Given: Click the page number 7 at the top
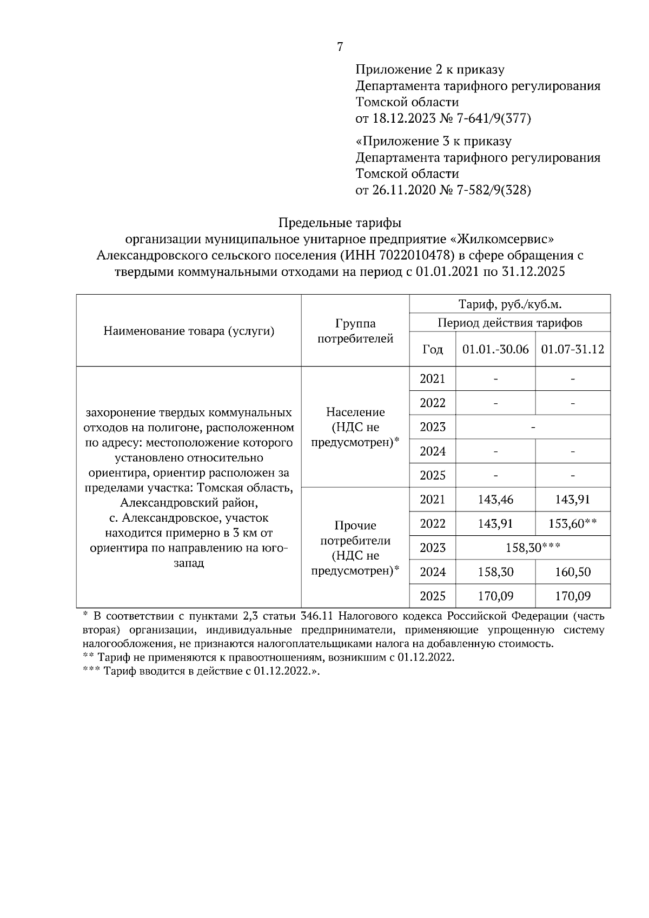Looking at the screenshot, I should (340, 47).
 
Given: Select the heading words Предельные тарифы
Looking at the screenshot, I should (340, 223).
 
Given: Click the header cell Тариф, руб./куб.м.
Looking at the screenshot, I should (510, 304).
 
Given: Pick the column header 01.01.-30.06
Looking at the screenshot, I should (495, 349).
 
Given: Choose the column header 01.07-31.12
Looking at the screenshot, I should (573, 349).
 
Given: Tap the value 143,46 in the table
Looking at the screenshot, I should (495, 500).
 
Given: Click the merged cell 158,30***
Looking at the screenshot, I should (532, 548).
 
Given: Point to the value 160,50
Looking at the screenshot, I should (573, 572).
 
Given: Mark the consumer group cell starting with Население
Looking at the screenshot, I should (355, 427).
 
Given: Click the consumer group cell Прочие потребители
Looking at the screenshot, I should (355, 548).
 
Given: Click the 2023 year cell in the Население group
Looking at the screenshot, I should (433, 427).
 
